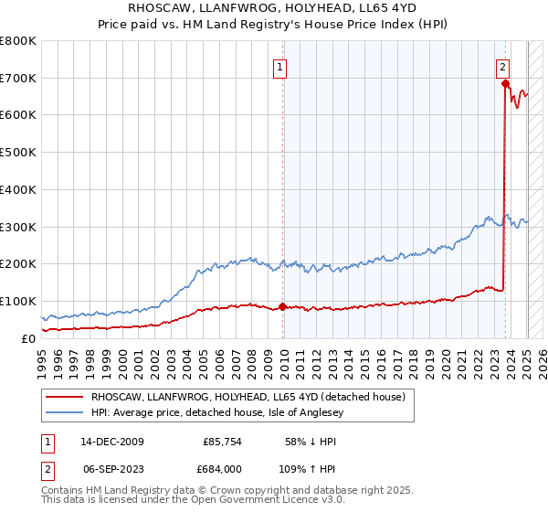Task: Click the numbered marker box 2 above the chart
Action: pyautogui.click(x=502, y=66)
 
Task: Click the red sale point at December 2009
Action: pyautogui.click(x=283, y=306)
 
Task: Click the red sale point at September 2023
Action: pyautogui.click(x=505, y=83)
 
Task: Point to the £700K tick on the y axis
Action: pyautogui.click(x=19, y=78)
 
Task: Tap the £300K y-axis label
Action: pyautogui.click(x=19, y=227)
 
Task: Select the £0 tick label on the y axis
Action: pyautogui.click(x=27, y=338)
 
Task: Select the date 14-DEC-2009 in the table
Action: pyautogui.click(x=112, y=442)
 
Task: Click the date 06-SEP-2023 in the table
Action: pyautogui.click(x=112, y=470)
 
